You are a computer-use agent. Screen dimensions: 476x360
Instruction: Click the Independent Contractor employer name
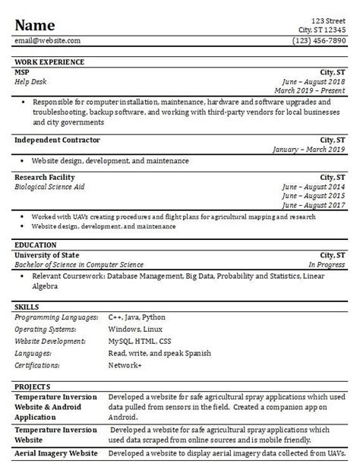(57, 140)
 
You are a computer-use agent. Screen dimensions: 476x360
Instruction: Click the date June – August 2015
(312, 195)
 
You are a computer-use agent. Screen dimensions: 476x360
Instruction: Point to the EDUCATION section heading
(36, 245)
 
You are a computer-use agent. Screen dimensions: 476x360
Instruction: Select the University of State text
(49, 254)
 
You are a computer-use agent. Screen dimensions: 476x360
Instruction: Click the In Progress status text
(326, 264)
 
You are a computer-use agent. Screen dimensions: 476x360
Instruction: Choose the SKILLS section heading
(27, 306)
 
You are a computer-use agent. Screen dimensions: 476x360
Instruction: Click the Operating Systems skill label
(46, 329)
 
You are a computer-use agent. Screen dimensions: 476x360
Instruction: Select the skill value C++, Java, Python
(137, 317)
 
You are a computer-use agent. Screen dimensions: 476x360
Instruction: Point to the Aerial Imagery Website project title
(55, 453)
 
